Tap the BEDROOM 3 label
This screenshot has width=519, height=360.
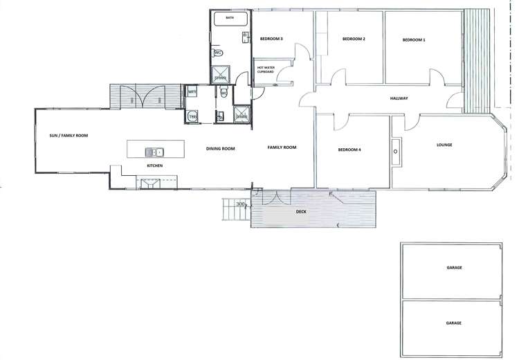[271, 39]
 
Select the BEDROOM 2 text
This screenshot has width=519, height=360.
[354, 39]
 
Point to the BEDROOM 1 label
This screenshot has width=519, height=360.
[413, 40]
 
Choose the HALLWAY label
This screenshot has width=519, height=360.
[399, 98]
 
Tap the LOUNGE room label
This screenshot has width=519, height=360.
[445, 145]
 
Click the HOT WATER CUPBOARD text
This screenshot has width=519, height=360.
[266, 69]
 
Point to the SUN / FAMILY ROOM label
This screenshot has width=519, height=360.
[64, 136]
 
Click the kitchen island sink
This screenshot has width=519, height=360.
[154, 152]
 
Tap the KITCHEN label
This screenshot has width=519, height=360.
[154, 167]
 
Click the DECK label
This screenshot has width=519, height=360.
[301, 211]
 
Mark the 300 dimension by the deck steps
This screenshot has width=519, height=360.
[241, 204]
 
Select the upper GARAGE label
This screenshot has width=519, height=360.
[454, 267]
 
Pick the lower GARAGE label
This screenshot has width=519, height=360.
[454, 323]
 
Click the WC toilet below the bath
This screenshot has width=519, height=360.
[218, 53]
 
